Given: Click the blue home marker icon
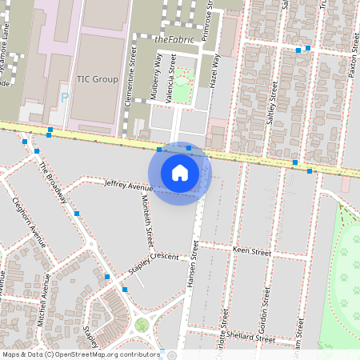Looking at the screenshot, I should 180,172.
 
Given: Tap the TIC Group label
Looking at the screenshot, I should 97,79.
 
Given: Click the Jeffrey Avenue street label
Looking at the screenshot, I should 128,186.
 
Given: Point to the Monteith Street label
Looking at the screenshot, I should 147,224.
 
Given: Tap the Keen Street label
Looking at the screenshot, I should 251,250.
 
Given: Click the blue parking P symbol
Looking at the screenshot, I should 64,98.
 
